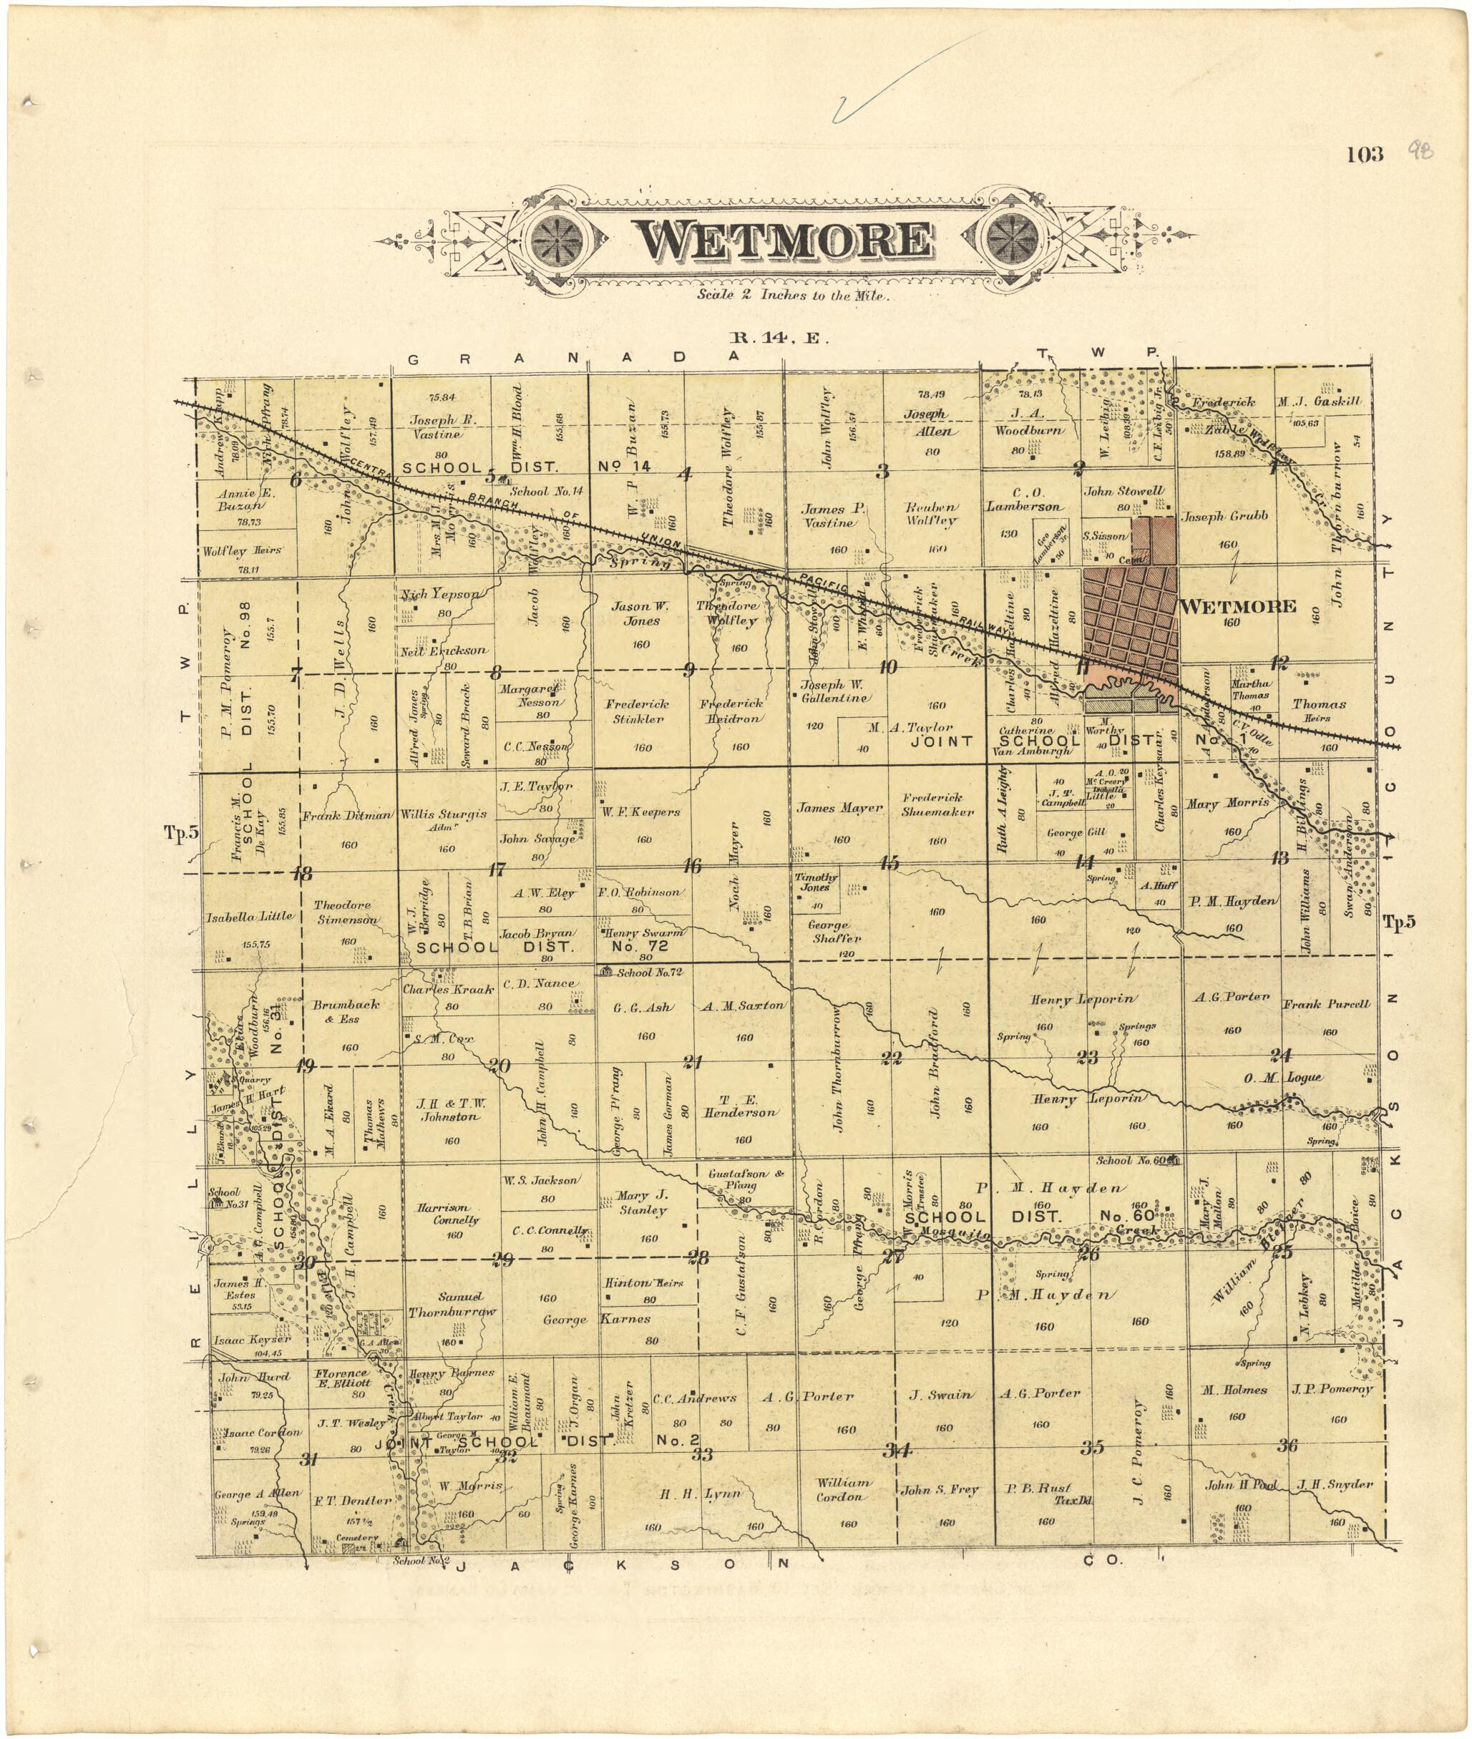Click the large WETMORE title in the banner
[x=784, y=240]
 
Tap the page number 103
[x=1365, y=155]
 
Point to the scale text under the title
[x=794, y=295]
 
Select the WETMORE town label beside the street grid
[x=1238, y=607]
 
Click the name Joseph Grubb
[x=1224, y=517]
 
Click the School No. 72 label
[x=649, y=972]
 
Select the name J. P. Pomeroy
[x=1332, y=1389]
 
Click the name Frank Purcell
[x=1326, y=1004]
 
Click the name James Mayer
[x=839, y=808]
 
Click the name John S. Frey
[x=939, y=1489]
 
